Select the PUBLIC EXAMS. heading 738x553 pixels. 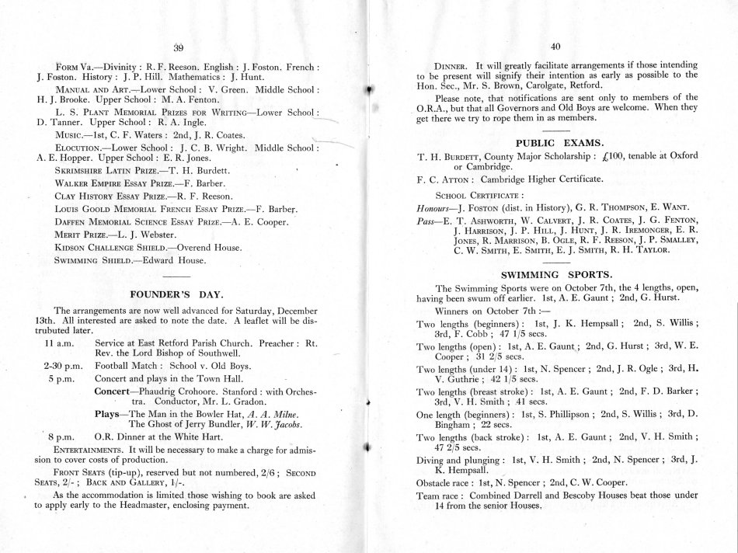(554, 143)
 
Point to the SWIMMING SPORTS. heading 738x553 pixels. (554, 273)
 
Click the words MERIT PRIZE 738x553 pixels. (85, 233)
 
